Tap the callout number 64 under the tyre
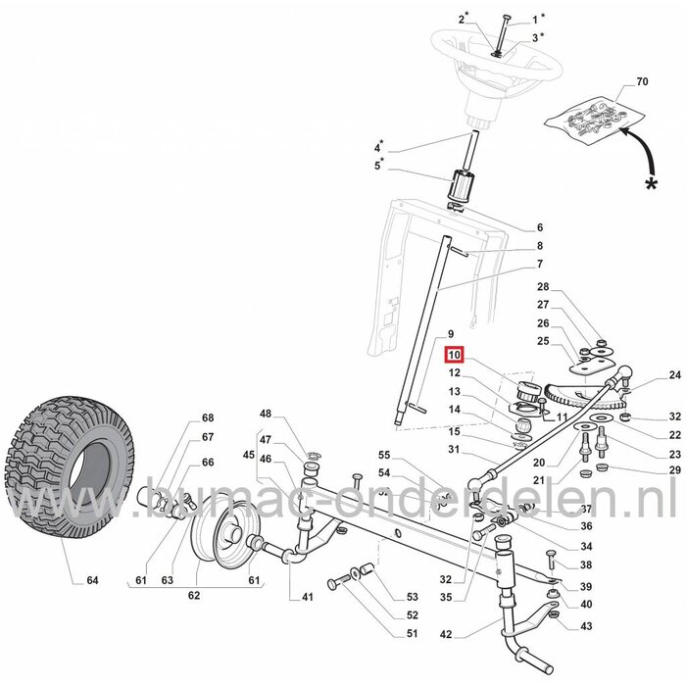click(x=92, y=580)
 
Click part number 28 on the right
click(x=544, y=286)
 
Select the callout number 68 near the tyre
click(x=208, y=417)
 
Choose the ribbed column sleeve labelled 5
click(x=461, y=187)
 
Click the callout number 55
click(x=385, y=456)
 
